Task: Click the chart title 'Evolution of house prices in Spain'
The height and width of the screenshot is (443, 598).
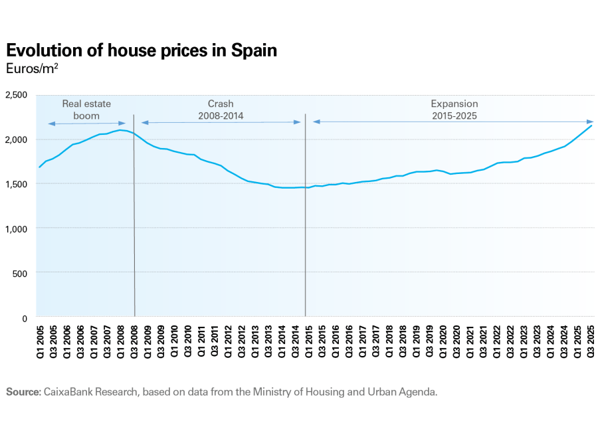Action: pos(141,50)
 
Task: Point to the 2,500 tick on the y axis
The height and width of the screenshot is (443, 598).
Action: pos(15,95)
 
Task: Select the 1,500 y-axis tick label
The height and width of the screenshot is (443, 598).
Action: pos(15,184)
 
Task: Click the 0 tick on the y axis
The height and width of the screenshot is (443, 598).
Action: pos(24,318)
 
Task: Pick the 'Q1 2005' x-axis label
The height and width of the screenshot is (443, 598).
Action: pos(40,339)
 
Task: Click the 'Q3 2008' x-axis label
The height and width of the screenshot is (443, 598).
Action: pos(134,339)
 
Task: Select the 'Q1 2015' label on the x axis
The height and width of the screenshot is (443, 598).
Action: pos(308,339)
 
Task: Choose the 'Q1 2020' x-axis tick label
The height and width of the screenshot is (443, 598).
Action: pos(443,339)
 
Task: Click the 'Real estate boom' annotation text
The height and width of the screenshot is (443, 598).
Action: pos(86,110)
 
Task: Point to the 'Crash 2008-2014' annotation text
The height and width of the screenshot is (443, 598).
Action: pos(221,110)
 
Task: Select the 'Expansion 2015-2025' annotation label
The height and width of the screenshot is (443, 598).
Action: pos(454,110)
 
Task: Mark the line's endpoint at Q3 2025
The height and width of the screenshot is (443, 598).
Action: pos(591,126)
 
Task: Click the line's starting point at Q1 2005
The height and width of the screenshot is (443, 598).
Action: pos(40,167)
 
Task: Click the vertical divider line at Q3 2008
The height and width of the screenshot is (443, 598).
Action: pos(134,219)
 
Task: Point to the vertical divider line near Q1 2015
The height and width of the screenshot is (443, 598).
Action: pos(305,219)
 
